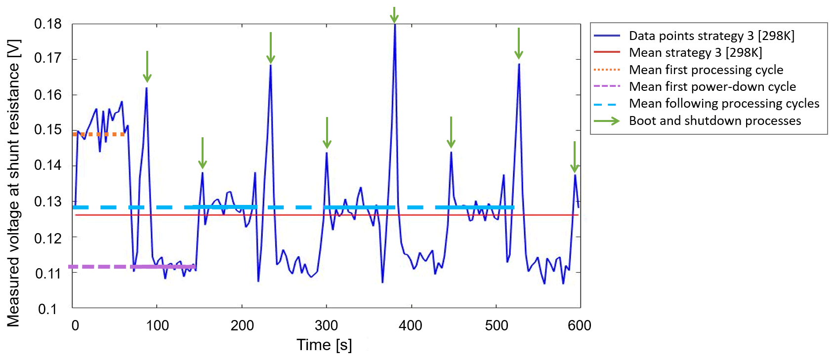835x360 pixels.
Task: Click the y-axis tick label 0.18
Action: click(x=48, y=24)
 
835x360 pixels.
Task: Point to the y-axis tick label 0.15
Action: click(x=48, y=130)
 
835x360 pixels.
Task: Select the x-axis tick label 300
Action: click(x=326, y=325)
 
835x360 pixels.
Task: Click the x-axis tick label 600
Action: click(x=580, y=325)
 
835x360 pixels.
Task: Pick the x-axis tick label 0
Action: click(x=75, y=325)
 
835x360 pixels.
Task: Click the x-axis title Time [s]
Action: click(x=324, y=345)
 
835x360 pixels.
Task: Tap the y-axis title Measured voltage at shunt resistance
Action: click(x=14, y=183)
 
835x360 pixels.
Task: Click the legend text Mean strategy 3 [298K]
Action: click(x=695, y=52)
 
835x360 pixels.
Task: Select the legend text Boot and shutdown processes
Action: click(x=714, y=120)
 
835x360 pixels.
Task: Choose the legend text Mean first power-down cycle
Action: click(x=712, y=86)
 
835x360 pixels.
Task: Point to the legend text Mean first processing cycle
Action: click(x=706, y=70)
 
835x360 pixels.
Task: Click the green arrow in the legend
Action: click(x=607, y=121)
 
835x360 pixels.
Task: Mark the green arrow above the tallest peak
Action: click(x=394, y=15)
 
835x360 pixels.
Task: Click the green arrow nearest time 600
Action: click(x=574, y=157)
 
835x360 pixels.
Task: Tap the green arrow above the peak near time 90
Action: click(x=147, y=67)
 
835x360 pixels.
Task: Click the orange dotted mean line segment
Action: click(x=99, y=134)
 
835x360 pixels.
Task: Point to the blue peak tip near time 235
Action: click(x=270, y=65)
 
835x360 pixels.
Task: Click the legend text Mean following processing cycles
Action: click(x=724, y=104)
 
